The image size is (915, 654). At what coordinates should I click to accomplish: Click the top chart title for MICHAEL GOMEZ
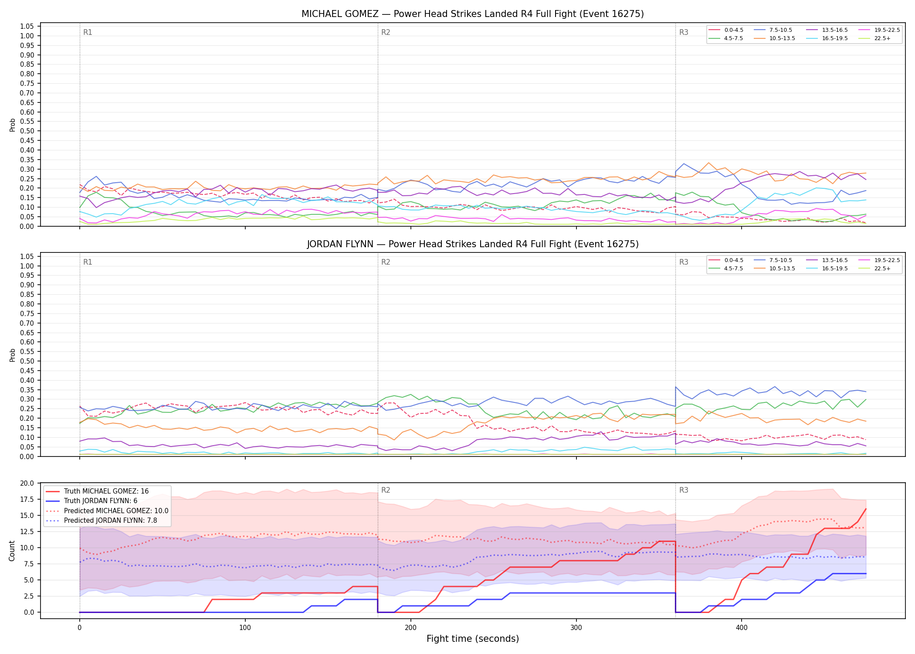(472, 14)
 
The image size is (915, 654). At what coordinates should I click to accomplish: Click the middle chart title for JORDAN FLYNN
(472, 244)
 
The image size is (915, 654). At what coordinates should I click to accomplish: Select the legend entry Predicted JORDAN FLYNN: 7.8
(107, 521)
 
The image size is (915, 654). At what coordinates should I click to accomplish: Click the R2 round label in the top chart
(386, 32)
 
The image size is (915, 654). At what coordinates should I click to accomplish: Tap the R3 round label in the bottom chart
(684, 490)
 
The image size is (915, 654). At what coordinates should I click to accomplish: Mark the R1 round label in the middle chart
(88, 262)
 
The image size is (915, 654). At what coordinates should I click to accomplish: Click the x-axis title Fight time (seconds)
(473, 639)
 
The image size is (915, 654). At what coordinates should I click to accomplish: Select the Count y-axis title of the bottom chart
(12, 551)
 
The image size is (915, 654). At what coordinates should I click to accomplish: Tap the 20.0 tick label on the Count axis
(27, 483)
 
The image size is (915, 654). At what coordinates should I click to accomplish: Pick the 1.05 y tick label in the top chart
(27, 27)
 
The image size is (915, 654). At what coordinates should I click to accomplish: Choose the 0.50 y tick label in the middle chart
(27, 361)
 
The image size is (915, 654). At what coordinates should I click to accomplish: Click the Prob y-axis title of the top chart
(12, 125)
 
